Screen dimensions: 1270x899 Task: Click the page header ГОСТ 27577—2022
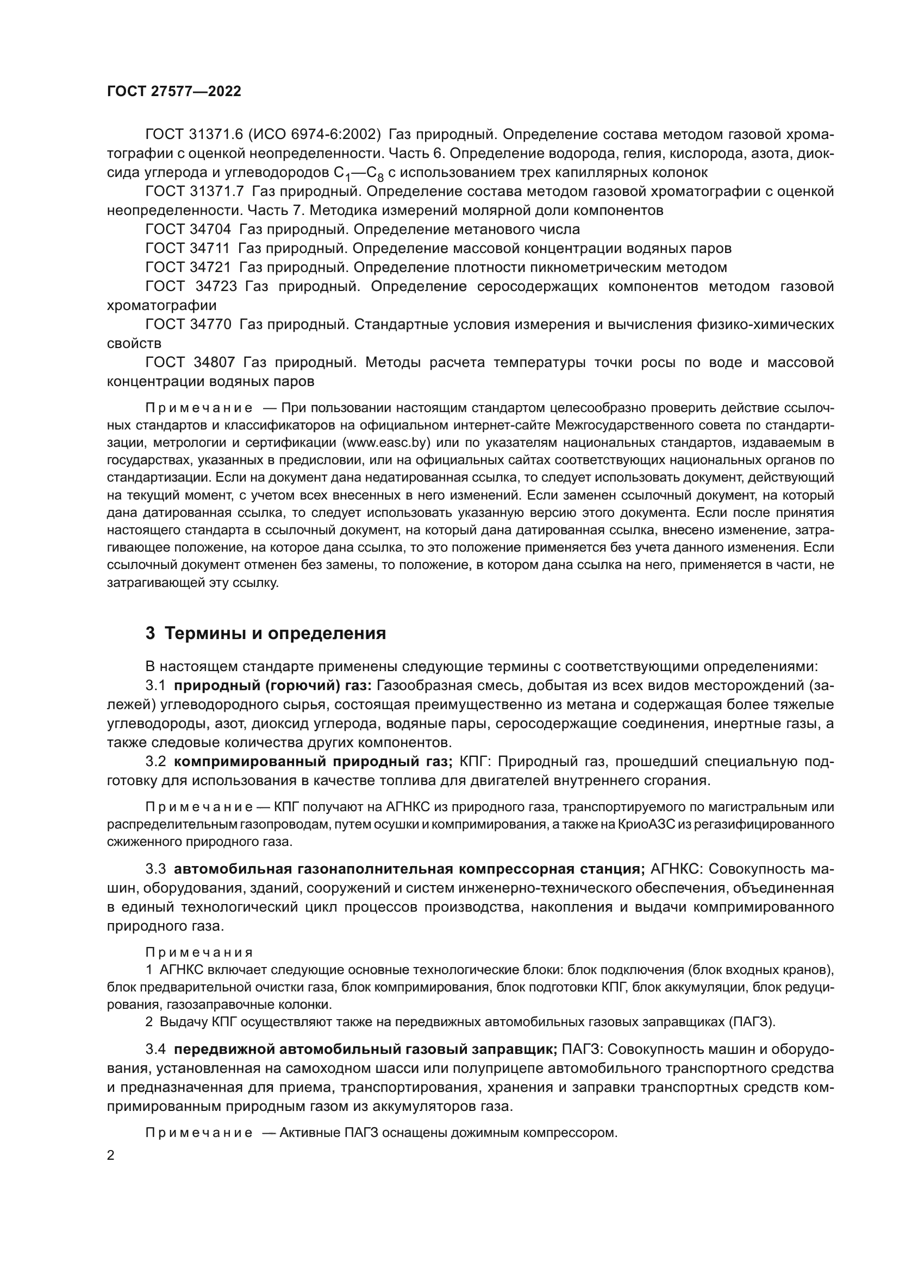click(x=174, y=91)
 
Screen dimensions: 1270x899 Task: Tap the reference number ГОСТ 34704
click(x=188, y=229)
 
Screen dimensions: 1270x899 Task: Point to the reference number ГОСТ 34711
click(x=188, y=248)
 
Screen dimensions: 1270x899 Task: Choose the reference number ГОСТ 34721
click(x=188, y=267)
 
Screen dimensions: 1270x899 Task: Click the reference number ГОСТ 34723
click(x=191, y=287)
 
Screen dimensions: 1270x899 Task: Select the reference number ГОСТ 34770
click(x=188, y=324)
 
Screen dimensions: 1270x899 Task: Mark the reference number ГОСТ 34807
click(x=190, y=362)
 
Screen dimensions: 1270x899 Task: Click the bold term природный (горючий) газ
click(x=273, y=686)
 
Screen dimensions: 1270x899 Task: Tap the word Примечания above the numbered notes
click(x=199, y=952)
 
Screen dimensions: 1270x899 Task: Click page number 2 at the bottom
click(x=111, y=1155)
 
